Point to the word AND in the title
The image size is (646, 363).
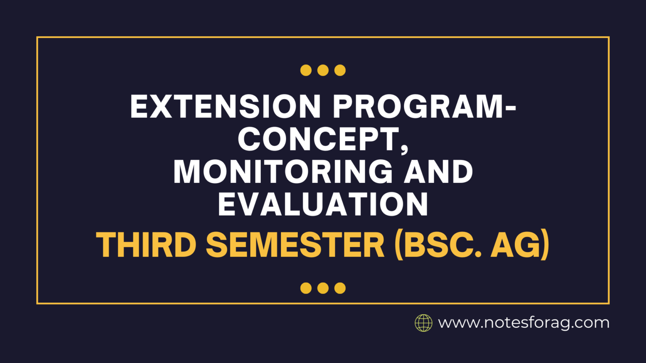[x=438, y=172]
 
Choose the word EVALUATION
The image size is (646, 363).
[x=323, y=205]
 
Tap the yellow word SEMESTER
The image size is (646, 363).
[x=295, y=245]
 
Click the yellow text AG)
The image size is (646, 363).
[x=520, y=245]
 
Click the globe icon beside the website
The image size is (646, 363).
[x=424, y=323]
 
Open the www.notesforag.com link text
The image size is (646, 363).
[x=524, y=323]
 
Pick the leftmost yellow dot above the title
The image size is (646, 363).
[x=306, y=70]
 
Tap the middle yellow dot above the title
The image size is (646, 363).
[x=323, y=70]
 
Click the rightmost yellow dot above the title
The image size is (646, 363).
[x=340, y=70]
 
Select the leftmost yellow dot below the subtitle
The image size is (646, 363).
[x=306, y=288]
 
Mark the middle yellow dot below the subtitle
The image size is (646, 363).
[x=323, y=288]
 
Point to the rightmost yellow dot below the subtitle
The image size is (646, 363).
[x=340, y=288]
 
